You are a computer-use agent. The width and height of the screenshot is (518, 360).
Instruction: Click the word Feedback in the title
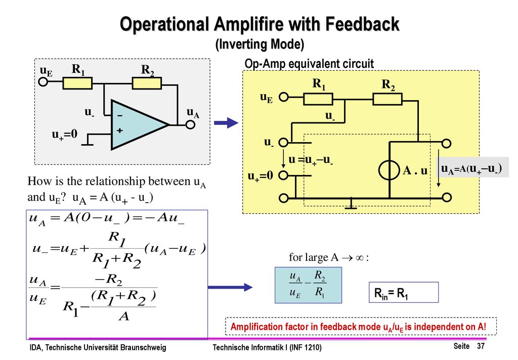click(x=362, y=24)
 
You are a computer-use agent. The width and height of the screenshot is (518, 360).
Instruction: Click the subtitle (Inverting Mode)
click(x=260, y=44)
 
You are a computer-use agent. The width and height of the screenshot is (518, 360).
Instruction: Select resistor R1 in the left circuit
click(x=77, y=83)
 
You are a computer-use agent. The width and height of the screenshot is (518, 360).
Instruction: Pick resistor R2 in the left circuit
click(x=147, y=83)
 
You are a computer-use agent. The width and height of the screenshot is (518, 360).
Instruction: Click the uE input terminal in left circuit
click(x=44, y=81)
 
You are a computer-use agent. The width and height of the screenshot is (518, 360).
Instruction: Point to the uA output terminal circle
click(x=190, y=125)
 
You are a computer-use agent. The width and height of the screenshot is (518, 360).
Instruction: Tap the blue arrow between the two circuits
click(x=226, y=123)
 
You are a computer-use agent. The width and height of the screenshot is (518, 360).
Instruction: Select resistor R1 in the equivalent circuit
click(x=318, y=99)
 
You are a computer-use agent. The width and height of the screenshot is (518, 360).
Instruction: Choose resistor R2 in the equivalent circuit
click(x=387, y=99)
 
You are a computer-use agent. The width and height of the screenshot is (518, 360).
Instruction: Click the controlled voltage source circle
click(x=390, y=170)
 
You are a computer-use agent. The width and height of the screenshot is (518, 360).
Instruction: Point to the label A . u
click(x=415, y=171)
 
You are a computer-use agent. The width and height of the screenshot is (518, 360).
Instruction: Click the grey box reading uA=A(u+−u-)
click(x=473, y=167)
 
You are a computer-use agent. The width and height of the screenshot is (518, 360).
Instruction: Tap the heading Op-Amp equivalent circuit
click(x=309, y=63)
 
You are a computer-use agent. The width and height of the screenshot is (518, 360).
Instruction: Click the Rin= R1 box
click(x=404, y=292)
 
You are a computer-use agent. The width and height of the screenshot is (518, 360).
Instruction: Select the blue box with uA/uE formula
click(x=308, y=285)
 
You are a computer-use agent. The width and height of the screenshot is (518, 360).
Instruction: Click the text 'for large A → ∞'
click(x=329, y=257)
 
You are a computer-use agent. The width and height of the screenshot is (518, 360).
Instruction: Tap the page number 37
click(x=481, y=346)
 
